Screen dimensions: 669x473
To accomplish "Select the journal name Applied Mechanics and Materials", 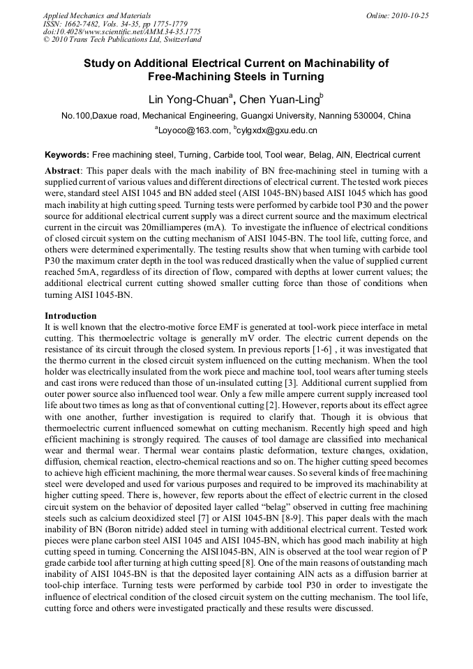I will point(97,15).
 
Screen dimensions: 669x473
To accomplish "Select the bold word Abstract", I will point(63,170).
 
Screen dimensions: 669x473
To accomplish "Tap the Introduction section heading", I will point(71,316).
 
